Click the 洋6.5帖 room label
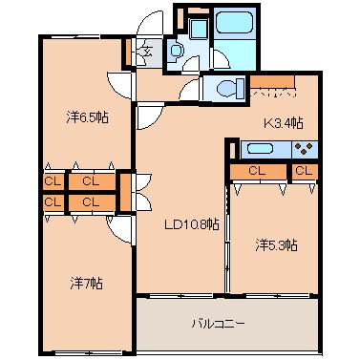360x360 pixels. pos(88,117)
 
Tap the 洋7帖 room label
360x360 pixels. pos(86,283)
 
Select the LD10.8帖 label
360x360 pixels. pos(191,225)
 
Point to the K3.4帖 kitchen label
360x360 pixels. pos(283,123)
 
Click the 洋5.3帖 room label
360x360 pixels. pos(276,245)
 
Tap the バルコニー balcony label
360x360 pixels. pos(219,324)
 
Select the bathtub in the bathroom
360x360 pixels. pos(235,23)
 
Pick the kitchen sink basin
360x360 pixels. pos(260,149)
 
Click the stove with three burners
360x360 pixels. pos(305,149)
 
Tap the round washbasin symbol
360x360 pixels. pos(176,51)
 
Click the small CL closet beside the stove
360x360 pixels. pos(305,171)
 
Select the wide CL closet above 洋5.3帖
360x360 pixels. pos(258,171)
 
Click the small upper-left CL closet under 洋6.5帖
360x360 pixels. pos(53,181)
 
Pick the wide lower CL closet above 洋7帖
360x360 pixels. pos(92,202)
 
